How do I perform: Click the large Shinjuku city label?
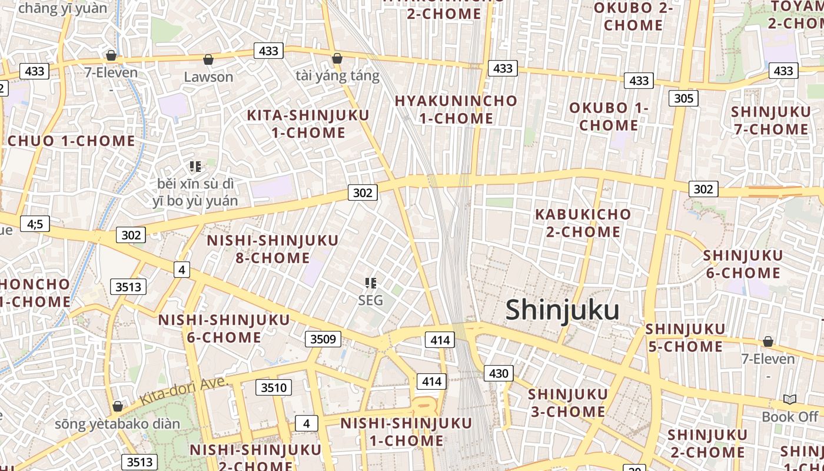click(562, 310)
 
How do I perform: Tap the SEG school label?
click(371, 300)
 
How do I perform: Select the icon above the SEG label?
click(371, 283)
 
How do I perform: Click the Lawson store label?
click(208, 77)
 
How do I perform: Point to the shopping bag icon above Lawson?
click(208, 59)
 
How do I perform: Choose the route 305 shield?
click(683, 98)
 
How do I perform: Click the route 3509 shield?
click(323, 339)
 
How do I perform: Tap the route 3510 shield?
click(274, 387)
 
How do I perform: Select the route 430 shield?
click(498, 373)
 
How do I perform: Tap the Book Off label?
click(790, 417)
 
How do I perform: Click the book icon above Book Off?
click(790, 400)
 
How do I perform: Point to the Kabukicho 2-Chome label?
click(583, 223)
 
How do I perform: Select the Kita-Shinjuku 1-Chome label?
click(308, 124)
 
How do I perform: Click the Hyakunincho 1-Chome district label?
click(456, 110)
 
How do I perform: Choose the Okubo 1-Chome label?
click(609, 117)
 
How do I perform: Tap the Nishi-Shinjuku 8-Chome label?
click(273, 249)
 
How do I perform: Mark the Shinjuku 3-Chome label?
click(567, 403)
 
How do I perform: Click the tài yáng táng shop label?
click(337, 76)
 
